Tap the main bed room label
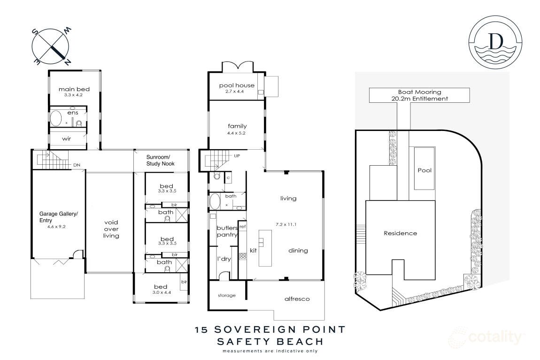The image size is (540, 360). tap(74, 89)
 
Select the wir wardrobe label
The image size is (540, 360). tap(67, 138)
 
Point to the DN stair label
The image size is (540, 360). tap(77, 165)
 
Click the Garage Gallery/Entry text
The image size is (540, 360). tap(59, 217)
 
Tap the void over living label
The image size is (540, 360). tap(111, 229)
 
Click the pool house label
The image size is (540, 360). tap(237, 85)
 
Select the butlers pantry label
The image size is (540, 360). tap(227, 232)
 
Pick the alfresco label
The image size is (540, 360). tap(297, 299)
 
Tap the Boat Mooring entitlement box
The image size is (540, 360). tap(419, 95)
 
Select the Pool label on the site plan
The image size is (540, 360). tap(424, 170)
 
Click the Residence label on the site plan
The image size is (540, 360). tap(400, 233)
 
